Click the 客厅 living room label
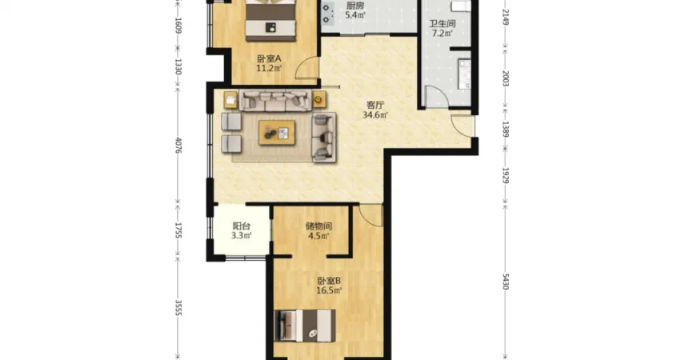pos(375,105)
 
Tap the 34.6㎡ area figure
pos(375,115)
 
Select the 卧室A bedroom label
pos(269,58)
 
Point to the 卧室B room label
pos(329,281)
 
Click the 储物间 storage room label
pos(318,226)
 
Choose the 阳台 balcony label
pos(242,226)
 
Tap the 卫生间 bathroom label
pos(442,23)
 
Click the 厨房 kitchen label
pos(355,6)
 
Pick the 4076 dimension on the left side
pos(178,146)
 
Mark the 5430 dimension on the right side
pos(506,282)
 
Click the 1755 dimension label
pos(178,230)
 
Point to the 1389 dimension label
pos(506,130)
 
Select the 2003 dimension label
pos(506,78)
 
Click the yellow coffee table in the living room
pos(277,132)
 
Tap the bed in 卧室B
pos(305,326)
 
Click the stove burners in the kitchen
pos(327,14)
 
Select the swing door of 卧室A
pos(307,68)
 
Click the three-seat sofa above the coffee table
pos(275,101)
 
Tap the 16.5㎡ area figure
pos(329,290)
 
